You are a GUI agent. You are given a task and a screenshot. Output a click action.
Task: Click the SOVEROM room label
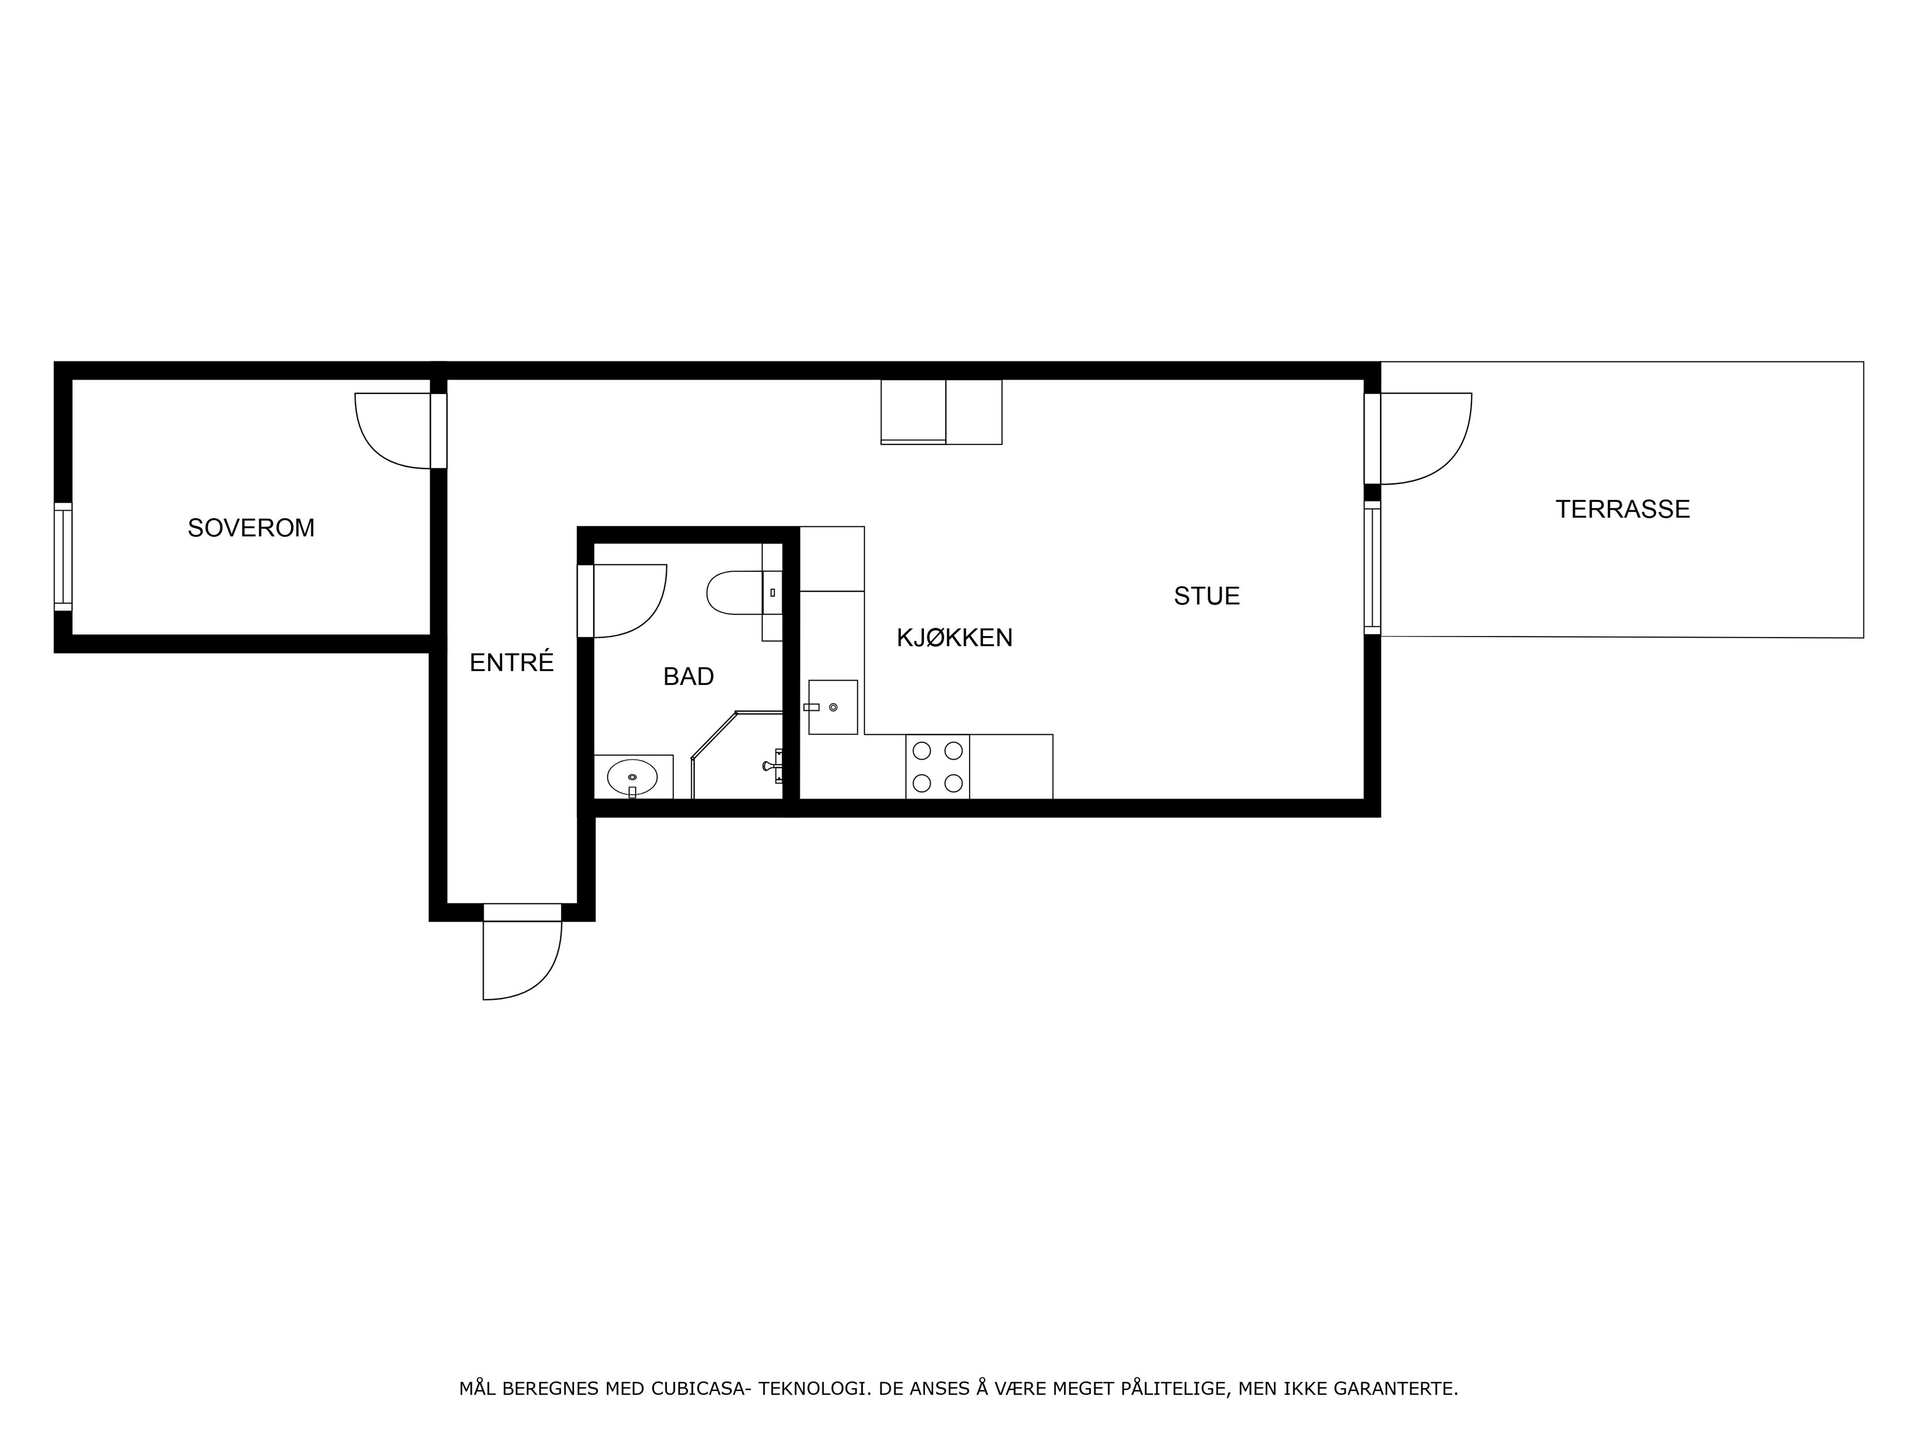pyautogui.click(x=251, y=528)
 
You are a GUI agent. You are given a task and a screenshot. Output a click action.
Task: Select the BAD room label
pyautogui.click(x=688, y=677)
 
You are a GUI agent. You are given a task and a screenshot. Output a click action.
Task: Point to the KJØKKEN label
pyautogui.click(x=955, y=638)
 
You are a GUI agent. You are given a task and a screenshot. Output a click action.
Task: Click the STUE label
pyautogui.click(x=1207, y=596)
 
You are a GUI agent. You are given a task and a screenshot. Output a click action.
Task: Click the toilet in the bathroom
pyautogui.click(x=744, y=593)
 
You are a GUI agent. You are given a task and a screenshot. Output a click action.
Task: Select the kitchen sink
pyautogui.click(x=833, y=708)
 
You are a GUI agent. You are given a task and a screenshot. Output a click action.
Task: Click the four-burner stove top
pyautogui.click(x=938, y=766)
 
